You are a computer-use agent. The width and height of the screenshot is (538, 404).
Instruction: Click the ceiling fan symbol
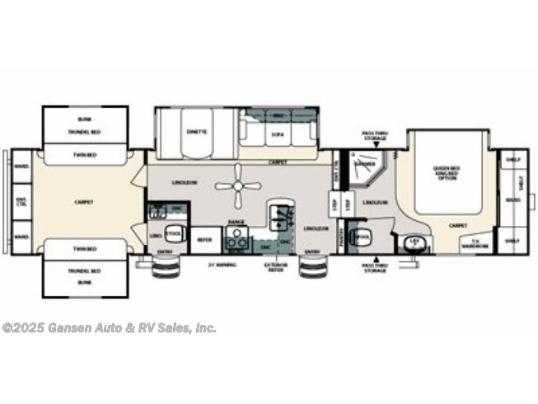coord(237,184)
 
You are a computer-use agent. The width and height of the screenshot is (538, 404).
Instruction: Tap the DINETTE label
coord(196,132)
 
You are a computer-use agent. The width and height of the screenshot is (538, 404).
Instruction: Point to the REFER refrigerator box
coord(204,240)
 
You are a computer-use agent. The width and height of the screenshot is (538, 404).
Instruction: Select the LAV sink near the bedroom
coord(414,242)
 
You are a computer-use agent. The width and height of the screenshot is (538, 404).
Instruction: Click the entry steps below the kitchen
coord(312,270)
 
